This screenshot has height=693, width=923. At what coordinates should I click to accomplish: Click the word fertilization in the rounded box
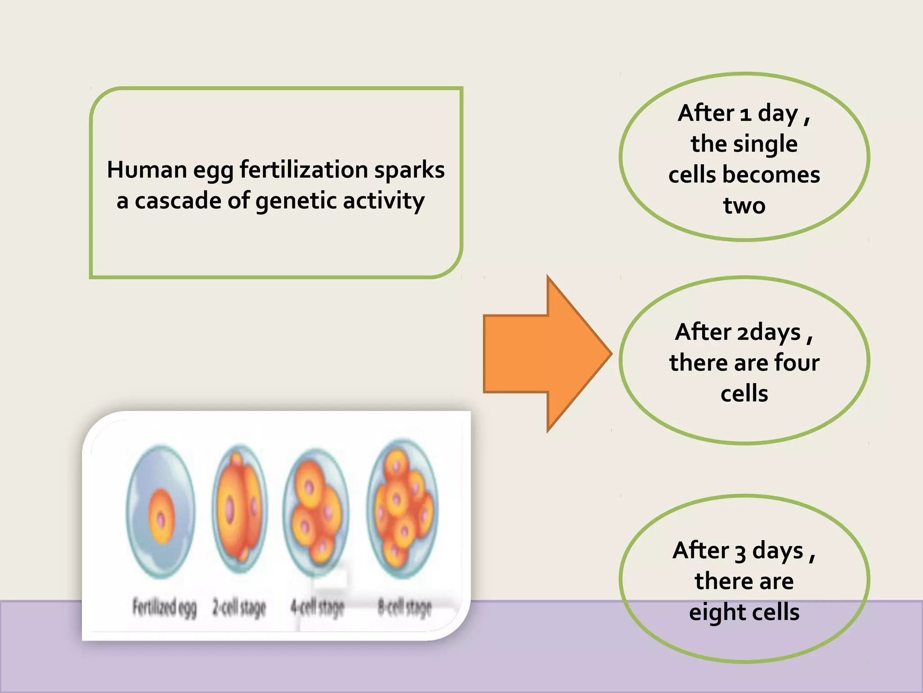304,170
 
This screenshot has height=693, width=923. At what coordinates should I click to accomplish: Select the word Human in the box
147,170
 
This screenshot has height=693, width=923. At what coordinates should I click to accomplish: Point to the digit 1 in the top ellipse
745,114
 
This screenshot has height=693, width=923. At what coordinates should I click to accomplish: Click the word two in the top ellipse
744,205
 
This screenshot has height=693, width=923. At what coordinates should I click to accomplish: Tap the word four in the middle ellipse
796,363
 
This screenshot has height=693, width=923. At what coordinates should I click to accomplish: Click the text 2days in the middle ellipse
768,333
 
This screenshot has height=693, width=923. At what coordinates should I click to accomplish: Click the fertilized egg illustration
161,512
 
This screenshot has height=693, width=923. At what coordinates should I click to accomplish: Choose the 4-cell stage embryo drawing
316,512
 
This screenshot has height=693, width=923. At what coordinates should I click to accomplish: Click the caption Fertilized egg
164,608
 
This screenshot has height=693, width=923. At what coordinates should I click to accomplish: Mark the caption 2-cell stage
239,608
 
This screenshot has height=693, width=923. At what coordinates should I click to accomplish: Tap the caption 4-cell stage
317,608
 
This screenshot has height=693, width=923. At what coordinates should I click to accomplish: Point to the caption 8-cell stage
404,608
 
